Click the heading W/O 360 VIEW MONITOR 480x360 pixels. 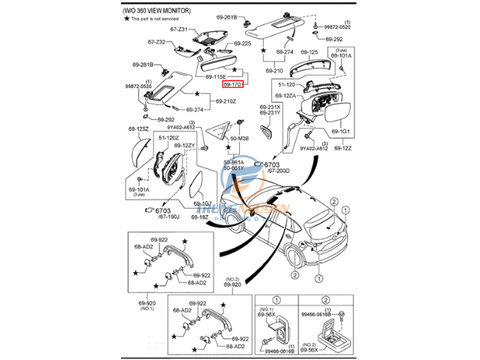point(157,11)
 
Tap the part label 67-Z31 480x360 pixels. point(179,29)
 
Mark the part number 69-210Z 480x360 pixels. point(225,101)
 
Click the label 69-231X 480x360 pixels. point(270,107)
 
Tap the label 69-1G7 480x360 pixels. point(203,203)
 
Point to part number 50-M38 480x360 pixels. point(239,138)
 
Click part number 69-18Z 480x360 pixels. point(203,217)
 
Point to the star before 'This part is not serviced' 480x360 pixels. point(126,18)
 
